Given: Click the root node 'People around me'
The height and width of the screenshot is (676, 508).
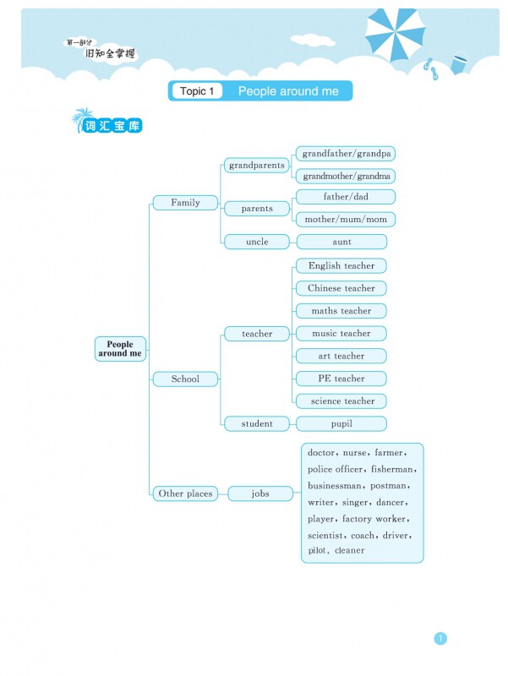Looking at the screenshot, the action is point(120,348).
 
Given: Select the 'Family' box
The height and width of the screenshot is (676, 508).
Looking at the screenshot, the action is point(185,203).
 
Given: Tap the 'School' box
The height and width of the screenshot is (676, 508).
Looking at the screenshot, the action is point(185,379).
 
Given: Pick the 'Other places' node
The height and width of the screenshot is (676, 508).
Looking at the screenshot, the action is point(185,493).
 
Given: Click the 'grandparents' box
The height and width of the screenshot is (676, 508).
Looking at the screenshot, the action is point(257,166).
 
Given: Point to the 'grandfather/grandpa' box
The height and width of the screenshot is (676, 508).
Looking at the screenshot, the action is point(347,154).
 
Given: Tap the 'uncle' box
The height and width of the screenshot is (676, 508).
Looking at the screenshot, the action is point(257,242).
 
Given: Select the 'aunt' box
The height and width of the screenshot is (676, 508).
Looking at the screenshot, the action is point(342,242).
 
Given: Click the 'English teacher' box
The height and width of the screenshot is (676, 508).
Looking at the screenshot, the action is point(341,265).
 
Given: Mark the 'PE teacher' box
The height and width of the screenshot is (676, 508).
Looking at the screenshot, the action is point(341,379).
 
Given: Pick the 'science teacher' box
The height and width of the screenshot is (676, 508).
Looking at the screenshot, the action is point(341,401).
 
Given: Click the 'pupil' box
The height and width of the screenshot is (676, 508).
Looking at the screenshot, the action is point(341,423).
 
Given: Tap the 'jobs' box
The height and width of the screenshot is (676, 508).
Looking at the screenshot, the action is point(260,493).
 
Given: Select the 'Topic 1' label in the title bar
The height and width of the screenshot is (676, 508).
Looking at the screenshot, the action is point(197,91).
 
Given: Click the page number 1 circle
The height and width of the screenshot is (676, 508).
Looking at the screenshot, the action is point(440,639).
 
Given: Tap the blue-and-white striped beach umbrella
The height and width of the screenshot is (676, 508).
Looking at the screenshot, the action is point(394,34).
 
